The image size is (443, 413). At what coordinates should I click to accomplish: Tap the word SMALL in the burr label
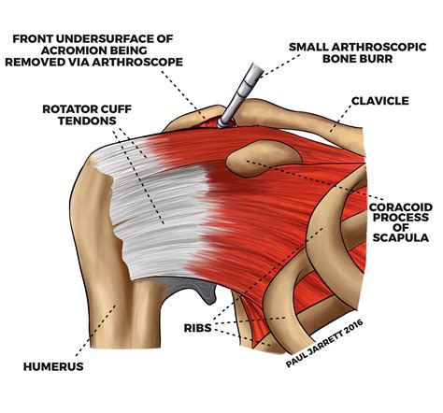tap(313, 45)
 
